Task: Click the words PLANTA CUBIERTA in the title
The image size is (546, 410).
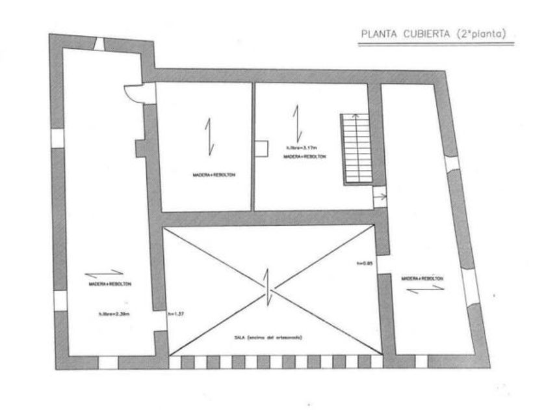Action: tap(400, 34)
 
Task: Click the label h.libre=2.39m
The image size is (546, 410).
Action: tap(114, 314)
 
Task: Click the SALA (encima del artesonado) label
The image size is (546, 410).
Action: tap(269, 338)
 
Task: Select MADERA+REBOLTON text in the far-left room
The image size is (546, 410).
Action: tap(110, 284)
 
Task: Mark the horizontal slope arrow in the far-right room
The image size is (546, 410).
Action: tap(426, 289)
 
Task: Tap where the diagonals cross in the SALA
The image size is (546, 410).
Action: tap(268, 290)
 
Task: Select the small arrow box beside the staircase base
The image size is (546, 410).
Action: tap(379, 195)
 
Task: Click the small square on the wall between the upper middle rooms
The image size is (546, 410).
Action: tap(262, 149)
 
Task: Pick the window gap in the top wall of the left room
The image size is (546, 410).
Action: tap(99, 44)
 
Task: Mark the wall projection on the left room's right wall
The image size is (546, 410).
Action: tap(139, 148)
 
